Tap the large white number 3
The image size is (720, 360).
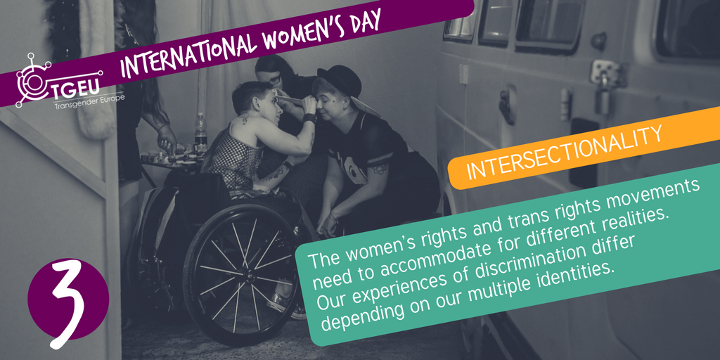68,304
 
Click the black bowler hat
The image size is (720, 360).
340,80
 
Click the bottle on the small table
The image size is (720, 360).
200,133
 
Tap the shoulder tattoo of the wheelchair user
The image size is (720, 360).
243,120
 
